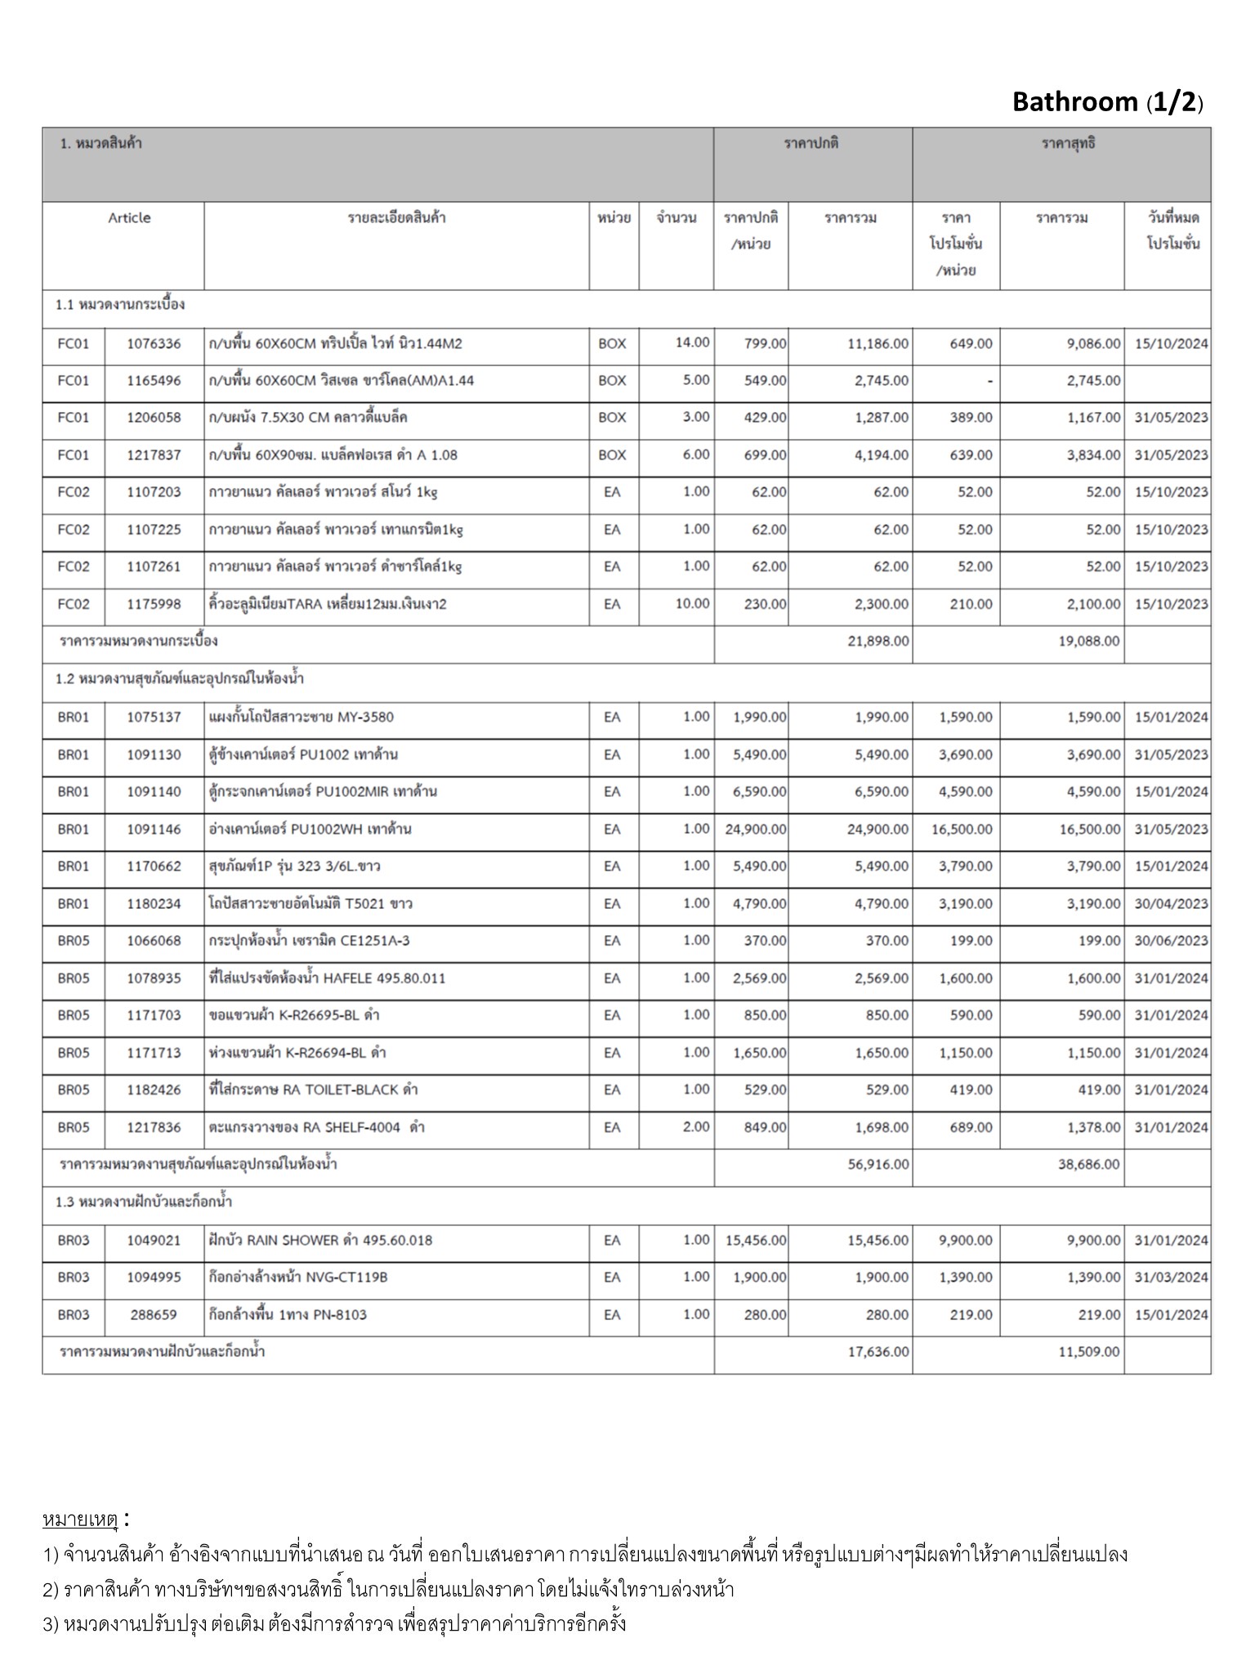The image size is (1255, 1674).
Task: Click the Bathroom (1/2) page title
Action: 1107,102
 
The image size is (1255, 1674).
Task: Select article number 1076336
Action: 154,343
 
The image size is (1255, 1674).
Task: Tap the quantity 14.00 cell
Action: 692,342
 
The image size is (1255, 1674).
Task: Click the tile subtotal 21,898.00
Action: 878,641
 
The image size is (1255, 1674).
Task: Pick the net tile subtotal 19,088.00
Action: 1088,641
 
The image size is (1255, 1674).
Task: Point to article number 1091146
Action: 154,829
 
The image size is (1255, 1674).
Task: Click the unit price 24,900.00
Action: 756,829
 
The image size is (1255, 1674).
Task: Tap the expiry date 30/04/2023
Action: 1170,903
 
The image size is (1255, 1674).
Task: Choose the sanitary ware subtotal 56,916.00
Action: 878,1164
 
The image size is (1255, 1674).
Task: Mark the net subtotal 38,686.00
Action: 1088,1164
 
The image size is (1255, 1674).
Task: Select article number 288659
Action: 154,1314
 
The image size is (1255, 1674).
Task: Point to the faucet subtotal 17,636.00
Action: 878,1351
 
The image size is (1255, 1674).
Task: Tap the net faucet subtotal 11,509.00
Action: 1088,1351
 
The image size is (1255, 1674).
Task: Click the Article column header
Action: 129,217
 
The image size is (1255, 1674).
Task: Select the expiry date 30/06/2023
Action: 1170,941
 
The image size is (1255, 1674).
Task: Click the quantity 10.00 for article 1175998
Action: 692,603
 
